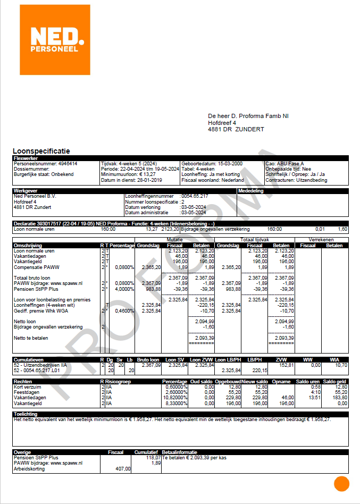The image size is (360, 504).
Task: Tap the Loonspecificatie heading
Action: coord(41,152)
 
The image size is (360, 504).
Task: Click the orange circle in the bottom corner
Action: coord(341,484)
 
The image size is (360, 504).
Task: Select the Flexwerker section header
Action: coord(25,158)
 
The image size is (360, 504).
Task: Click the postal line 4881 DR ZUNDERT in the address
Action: coord(236,129)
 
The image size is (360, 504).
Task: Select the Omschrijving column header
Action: coord(29,246)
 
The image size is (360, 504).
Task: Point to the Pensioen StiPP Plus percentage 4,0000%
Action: coord(122,290)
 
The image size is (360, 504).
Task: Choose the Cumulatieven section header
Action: coord(30,360)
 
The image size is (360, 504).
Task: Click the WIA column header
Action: coord(341,360)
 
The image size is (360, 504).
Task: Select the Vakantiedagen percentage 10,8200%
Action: coord(175,397)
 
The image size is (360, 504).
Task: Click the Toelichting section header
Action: coord(26,414)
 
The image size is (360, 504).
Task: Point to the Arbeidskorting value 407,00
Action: coord(123,468)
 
